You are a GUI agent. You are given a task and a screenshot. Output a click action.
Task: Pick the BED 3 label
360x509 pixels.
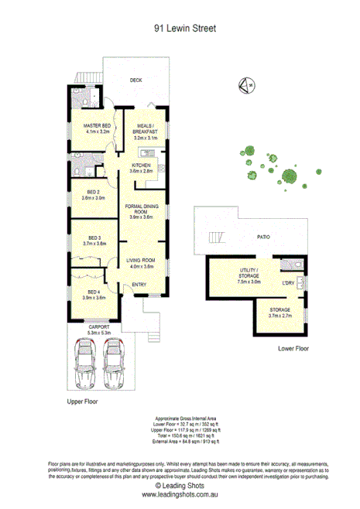tap(94, 237)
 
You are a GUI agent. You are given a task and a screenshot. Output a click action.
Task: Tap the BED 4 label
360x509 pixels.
tap(94, 292)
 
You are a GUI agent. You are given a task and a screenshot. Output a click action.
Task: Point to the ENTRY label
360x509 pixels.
tap(139, 285)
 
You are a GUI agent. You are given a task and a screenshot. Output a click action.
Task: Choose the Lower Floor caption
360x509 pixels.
tap(293, 349)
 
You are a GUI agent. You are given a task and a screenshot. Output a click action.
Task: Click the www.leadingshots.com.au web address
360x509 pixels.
tap(180, 494)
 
